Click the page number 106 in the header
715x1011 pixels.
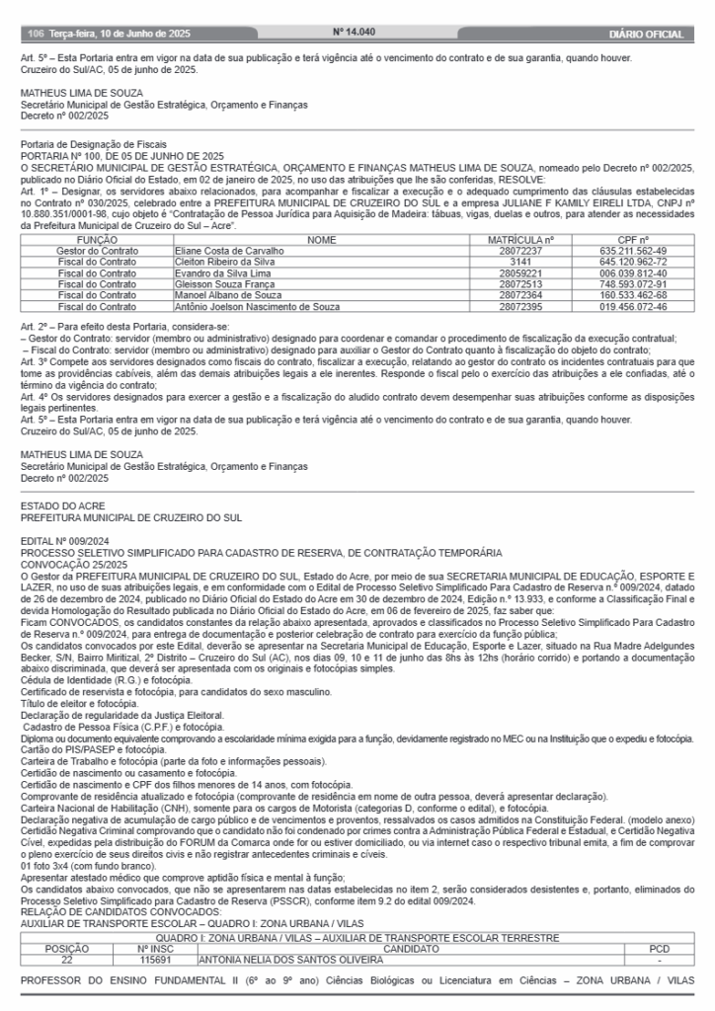(36, 34)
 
